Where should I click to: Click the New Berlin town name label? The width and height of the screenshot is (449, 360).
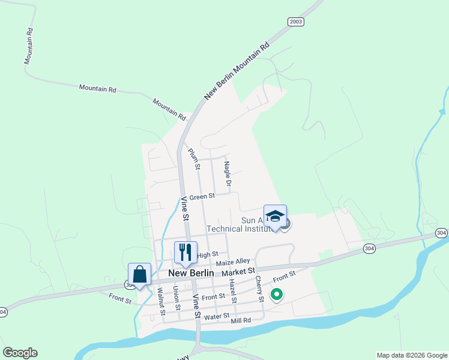[x=191, y=273]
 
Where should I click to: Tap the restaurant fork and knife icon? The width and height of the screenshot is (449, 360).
[x=185, y=251]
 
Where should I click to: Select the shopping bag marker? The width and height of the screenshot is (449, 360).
[x=140, y=274]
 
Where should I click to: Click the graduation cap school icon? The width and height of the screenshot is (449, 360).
[x=275, y=217]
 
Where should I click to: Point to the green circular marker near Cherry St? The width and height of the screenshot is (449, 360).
[x=277, y=294]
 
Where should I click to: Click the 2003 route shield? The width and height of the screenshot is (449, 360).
[x=296, y=22]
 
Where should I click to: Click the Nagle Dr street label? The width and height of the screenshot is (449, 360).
[x=228, y=173]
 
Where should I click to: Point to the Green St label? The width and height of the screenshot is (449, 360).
[x=202, y=197]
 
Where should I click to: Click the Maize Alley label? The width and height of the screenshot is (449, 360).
[x=232, y=262]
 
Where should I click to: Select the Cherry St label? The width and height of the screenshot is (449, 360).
[x=260, y=289]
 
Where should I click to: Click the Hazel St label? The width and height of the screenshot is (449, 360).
[x=234, y=291]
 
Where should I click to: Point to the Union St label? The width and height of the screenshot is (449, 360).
[x=176, y=298]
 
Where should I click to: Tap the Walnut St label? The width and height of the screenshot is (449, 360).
[x=161, y=301]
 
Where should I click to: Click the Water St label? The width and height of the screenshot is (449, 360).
[x=217, y=316]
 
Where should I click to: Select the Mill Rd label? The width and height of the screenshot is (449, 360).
[x=241, y=322]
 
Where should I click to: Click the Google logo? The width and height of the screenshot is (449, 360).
[x=20, y=353]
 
